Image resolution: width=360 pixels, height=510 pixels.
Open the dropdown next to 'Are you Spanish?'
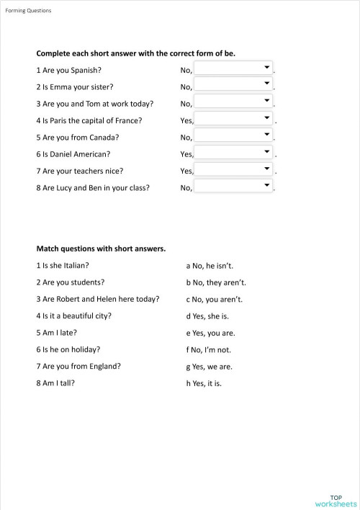coord(234,69)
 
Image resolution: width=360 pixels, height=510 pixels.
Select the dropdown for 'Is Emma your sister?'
coord(234,86)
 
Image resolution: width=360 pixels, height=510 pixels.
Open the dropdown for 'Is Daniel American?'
coord(234,153)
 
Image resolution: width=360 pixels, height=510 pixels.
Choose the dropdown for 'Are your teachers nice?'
coord(234,170)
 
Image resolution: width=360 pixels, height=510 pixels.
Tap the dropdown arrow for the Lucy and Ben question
coord(267,185)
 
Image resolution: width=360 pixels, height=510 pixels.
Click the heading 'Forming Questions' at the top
coord(28,11)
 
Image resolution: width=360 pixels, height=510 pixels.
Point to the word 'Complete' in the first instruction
coord(52,53)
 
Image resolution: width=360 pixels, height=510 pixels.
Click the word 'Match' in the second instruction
coord(48,249)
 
